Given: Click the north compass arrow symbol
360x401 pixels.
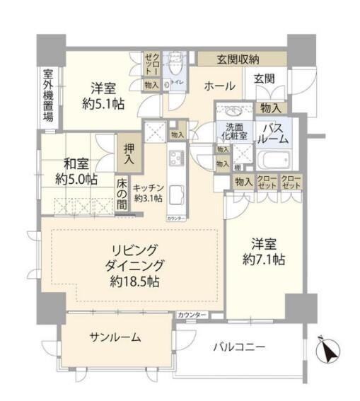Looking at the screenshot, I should point(330,348).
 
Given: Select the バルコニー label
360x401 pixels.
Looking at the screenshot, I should point(241,347).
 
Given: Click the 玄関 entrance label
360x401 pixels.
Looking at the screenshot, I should point(265,79).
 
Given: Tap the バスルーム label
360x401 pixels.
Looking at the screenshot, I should point(274,132).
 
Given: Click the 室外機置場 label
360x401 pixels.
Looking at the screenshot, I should point(47,96).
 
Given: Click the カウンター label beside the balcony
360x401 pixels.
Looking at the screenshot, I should point(192,314).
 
